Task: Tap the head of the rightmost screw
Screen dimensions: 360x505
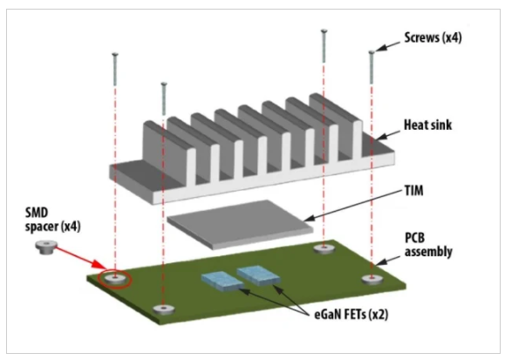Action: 372,52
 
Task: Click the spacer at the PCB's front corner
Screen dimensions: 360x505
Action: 160,309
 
